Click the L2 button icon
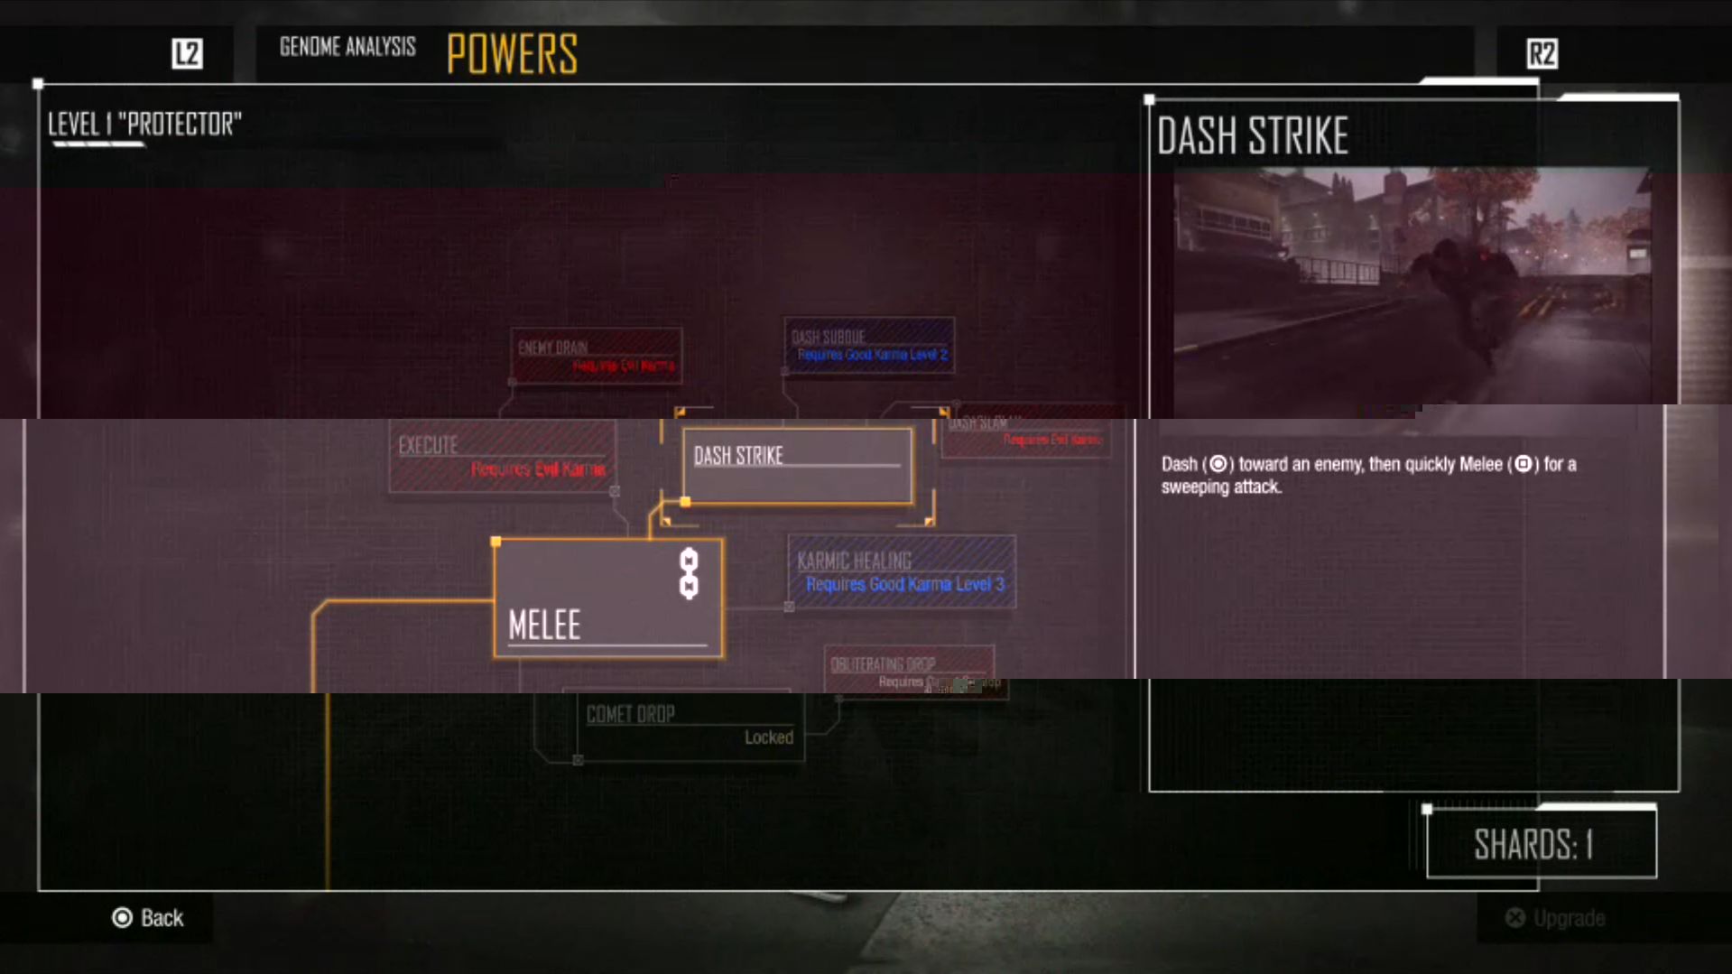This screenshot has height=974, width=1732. pyautogui.click(x=187, y=53)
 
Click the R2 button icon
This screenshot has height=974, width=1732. pyautogui.click(x=1542, y=53)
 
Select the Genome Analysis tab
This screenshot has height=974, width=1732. pyautogui.click(x=347, y=47)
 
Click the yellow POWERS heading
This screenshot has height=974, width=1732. pyautogui.click(x=512, y=54)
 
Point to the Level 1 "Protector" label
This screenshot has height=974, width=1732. pyautogui.click(x=144, y=125)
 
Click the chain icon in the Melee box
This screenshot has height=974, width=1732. pyautogui.click(x=689, y=574)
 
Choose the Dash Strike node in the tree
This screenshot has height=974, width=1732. pyautogui.click(x=798, y=466)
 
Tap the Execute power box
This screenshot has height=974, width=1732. pyautogui.click(x=502, y=456)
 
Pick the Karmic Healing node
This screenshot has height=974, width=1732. pyautogui.click(x=902, y=571)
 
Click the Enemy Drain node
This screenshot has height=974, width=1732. pyautogui.click(x=596, y=356)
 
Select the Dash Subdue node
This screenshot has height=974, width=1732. pyautogui.click(x=868, y=345)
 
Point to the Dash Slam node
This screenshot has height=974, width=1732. pyautogui.click(x=1027, y=432)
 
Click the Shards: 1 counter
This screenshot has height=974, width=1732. pyautogui.click(x=1541, y=845)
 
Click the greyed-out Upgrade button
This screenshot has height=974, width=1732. pyautogui.click(x=1556, y=918)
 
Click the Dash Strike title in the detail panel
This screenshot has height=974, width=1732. pyautogui.click(x=1252, y=136)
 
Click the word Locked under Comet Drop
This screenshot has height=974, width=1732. pyautogui.click(x=768, y=737)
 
